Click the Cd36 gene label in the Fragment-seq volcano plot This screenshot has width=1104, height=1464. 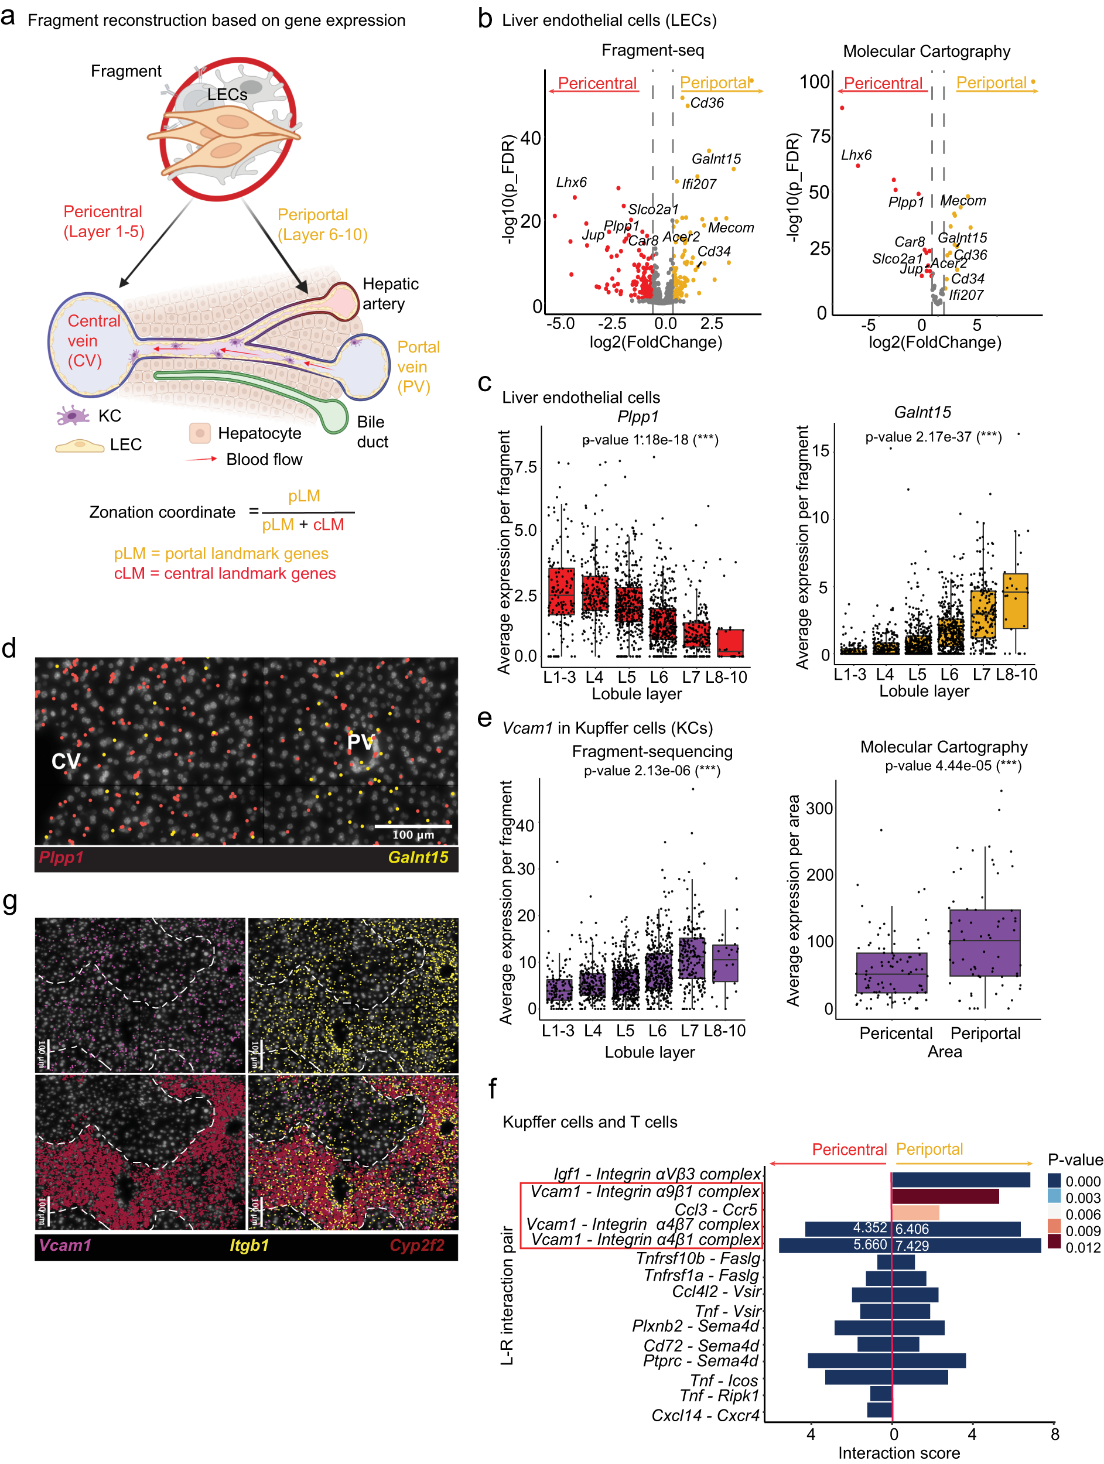pyautogui.click(x=706, y=103)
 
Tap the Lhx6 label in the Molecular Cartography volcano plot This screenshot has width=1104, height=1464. pyautogui.click(x=856, y=156)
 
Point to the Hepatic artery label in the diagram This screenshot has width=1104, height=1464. pyautogui.click(x=390, y=294)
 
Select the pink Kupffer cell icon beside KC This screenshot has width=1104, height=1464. pyautogui.click(x=73, y=416)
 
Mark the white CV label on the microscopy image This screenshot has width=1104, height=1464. pyautogui.click(x=66, y=762)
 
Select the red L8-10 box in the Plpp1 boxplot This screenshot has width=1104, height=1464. pyautogui.click(x=730, y=642)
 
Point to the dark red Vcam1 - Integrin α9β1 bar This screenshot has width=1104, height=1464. pyautogui.click(x=945, y=1196)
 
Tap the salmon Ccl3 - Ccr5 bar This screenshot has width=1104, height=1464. pyautogui.click(x=915, y=1213)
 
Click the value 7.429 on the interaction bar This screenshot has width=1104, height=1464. pyautogui.click(x=912, y=1246)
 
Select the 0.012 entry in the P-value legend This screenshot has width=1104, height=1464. pyautogui.click(x=1083, y=1247)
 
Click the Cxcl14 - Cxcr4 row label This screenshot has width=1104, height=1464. pyautogui.click(x=706, y=1415)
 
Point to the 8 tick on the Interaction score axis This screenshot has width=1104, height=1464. pyautogui.click(x=1055, y=1434)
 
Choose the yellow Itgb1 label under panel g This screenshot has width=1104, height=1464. pyautogui.click(x=249, y=1245)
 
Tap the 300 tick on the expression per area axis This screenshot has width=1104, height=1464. pyautogui.click(x=819, y=808)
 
